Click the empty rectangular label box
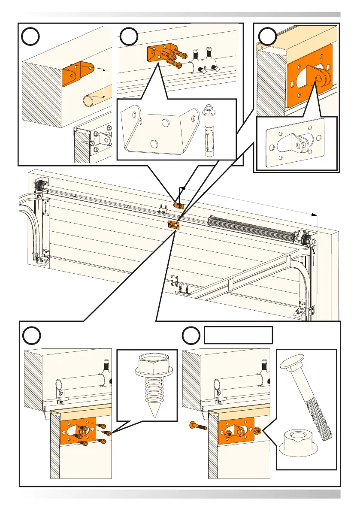[x=238, y=335]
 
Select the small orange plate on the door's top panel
[x=173, y=224]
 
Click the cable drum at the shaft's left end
[x=42, y=187]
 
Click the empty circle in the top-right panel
[x=269, y=38]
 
